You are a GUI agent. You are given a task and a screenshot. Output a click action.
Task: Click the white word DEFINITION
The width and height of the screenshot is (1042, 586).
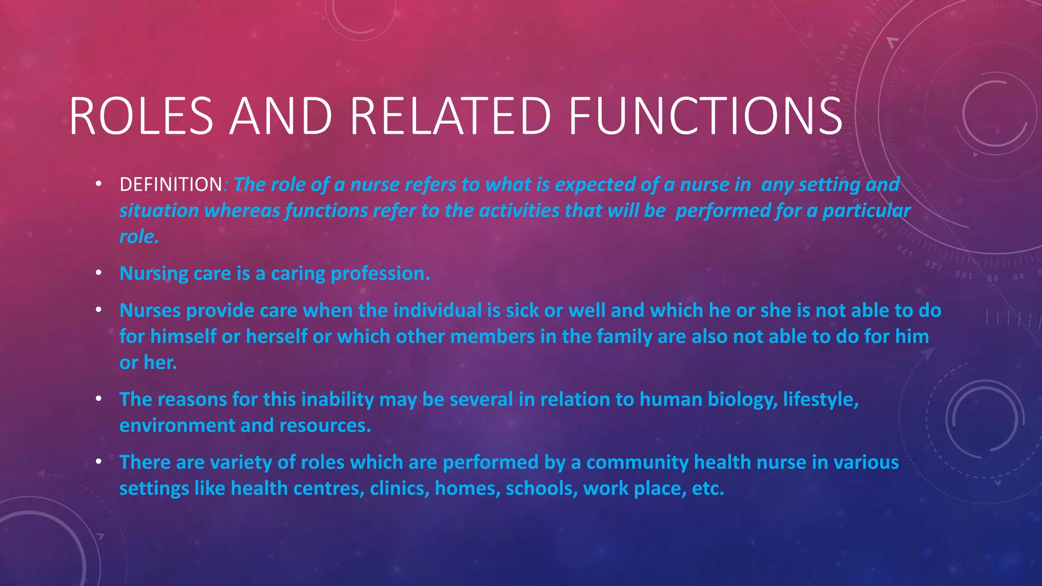[x=171, y=184]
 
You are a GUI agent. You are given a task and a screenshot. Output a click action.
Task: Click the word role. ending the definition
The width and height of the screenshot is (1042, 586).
[x=139, y=236]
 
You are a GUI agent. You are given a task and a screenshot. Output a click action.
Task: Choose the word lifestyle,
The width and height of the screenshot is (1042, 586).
[x=821, y=399]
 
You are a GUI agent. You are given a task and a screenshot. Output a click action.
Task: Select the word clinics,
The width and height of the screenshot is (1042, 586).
[x=399, y=488]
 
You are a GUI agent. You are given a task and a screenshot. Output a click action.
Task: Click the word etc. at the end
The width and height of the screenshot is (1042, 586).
[x=708, y=488]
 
